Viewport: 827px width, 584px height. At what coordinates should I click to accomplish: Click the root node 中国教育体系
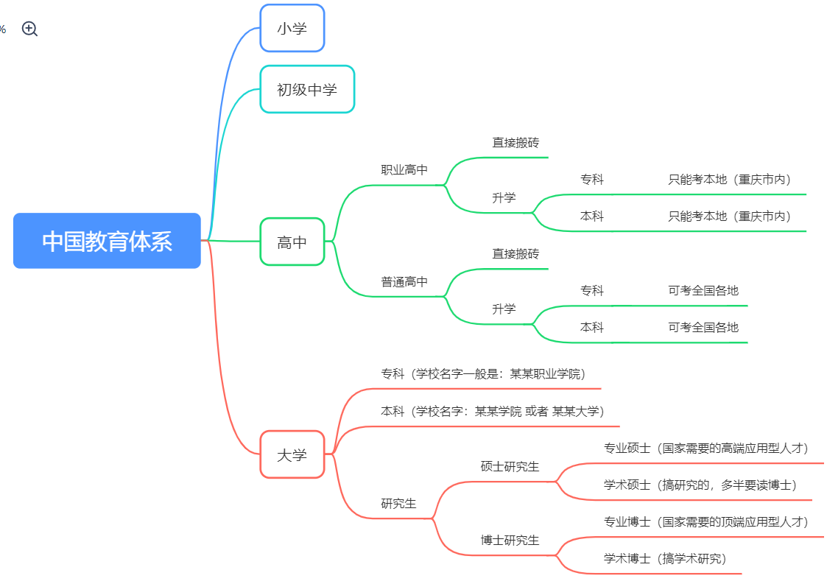[107, 241]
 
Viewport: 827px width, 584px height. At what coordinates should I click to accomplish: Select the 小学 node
[292, 29]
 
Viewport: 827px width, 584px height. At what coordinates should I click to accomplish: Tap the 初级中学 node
[307, 89]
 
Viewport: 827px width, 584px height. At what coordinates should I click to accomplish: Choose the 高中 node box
[292, 242]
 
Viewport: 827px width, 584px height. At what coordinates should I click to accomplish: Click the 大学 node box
[292, 455]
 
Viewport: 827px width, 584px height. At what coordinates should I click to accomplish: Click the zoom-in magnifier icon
[29, 29]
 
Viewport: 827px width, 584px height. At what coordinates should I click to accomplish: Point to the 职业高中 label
[404, 170]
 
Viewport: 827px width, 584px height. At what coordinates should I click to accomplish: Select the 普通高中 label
[404, 281]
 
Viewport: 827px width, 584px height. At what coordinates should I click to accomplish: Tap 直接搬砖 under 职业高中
[515, 142]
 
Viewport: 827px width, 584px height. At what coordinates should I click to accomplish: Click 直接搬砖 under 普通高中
[515, 253]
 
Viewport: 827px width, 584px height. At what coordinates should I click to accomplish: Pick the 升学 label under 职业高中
[504, 197]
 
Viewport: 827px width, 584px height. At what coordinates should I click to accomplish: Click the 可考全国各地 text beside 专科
[703, 290]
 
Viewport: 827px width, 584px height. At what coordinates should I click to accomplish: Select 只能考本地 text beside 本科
[729, 216]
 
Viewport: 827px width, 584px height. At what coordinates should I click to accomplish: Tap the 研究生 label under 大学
[398, 504]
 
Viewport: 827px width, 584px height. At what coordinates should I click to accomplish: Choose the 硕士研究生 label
[510, 466]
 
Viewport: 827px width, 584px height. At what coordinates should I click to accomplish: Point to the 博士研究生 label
[510, 540]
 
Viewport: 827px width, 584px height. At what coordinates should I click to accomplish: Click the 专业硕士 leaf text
[705, 448]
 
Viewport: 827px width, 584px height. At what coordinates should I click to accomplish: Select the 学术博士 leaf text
[664, 558]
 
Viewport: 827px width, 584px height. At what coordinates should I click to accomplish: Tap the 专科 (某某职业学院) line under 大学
[482, 373]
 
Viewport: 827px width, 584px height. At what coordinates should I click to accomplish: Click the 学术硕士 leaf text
[700, 485]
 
